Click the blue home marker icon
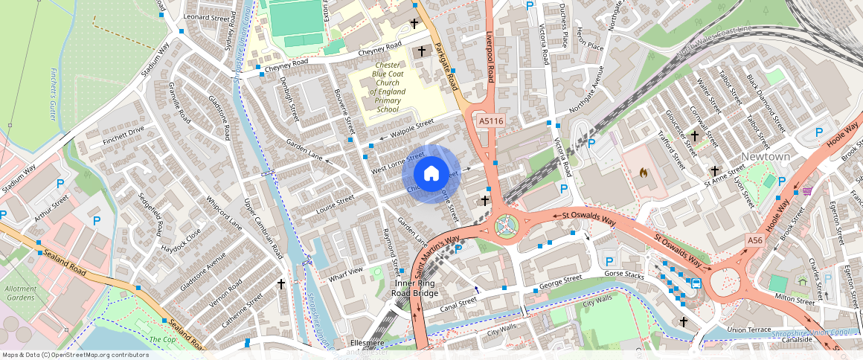coord(431,173)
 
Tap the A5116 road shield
coord(490,120)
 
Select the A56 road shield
coord(755,240)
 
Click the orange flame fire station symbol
coord(644,173)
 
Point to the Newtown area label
coord(766,156)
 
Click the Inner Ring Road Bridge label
coord(415,288)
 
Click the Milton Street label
coord(795,298)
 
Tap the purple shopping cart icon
coord(806,191)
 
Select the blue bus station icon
coord(696,283)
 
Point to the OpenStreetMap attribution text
coord(75,355)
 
